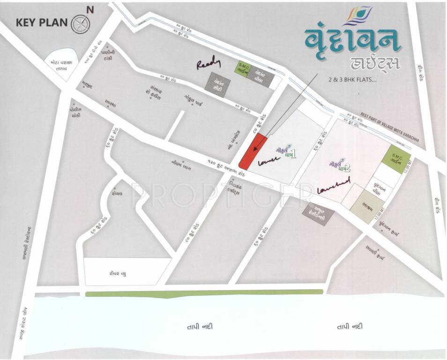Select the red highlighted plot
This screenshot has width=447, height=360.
[x=253, y=151]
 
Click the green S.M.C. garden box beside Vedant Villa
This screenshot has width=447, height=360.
[x=244, y=68]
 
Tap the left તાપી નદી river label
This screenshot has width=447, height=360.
[x=194, y=327]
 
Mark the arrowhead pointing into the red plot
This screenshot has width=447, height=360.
[x=255, y=149]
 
